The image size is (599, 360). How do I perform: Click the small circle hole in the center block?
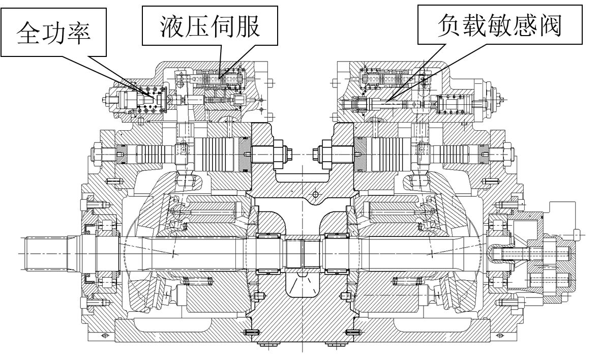click(x=315, y=194)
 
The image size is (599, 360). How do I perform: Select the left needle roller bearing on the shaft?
click(x=270, y=253)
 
